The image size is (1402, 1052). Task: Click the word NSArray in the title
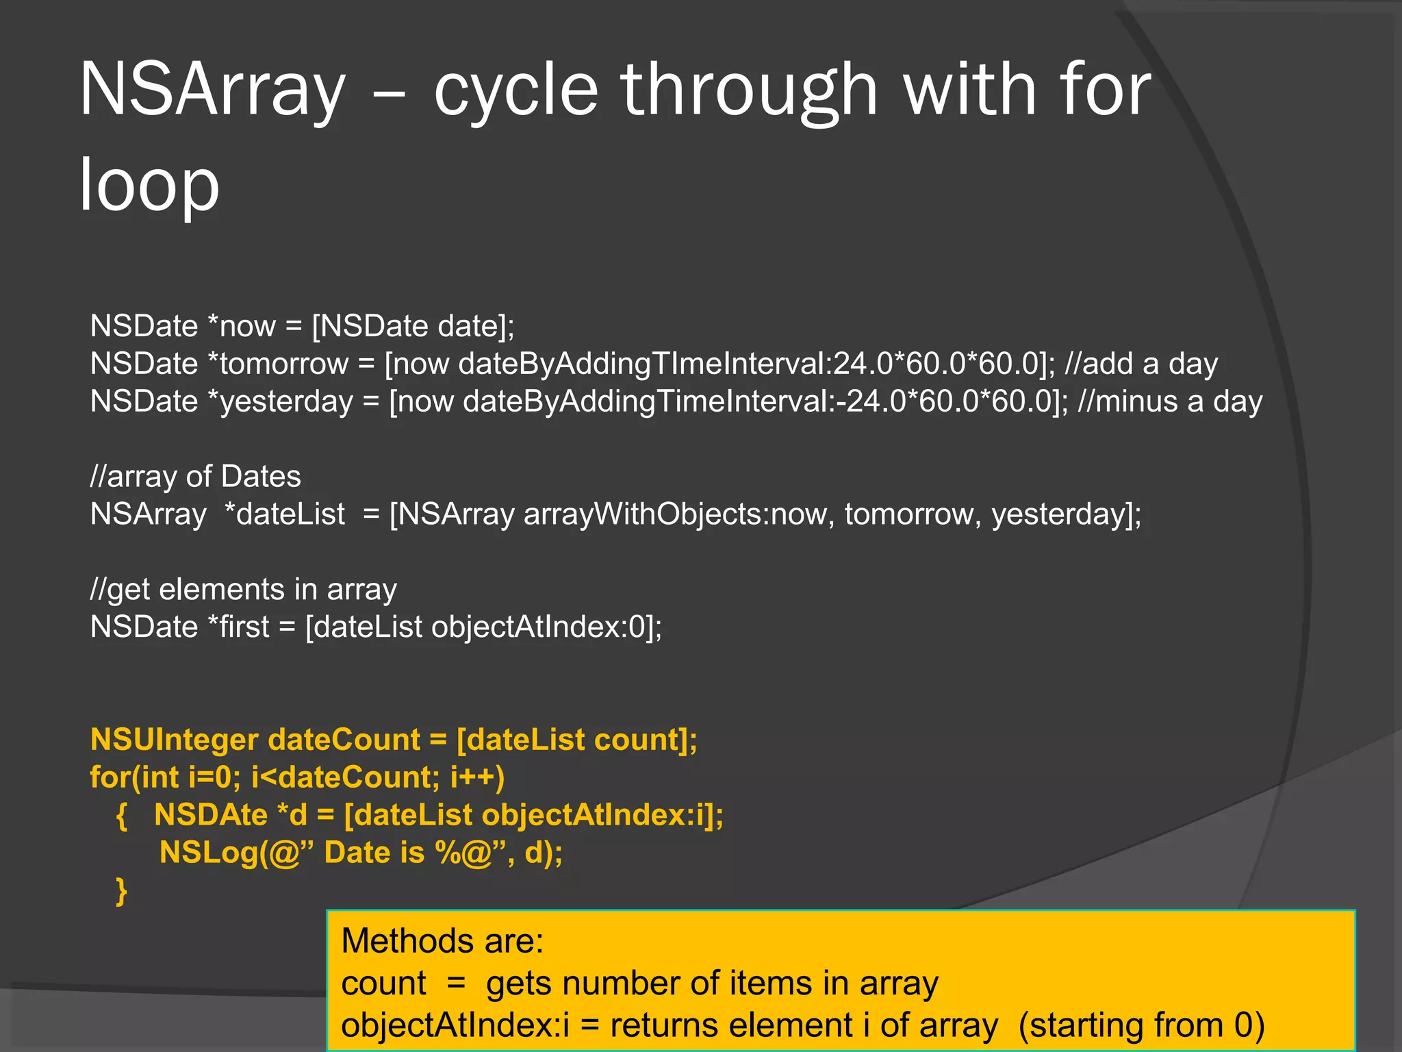(212, 90)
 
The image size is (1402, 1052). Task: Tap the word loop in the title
(149, 185)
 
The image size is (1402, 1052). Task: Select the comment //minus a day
(1169, 401)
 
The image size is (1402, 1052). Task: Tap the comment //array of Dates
(195, 477)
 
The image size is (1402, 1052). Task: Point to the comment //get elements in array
(243, 590)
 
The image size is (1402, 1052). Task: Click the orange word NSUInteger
(174, 740)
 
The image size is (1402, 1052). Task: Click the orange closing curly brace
(122, 891)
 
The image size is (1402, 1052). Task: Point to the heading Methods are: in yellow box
(442, 941)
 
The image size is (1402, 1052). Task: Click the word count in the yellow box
(383, 984)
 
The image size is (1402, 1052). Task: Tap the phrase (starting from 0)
(1141, 1026)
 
